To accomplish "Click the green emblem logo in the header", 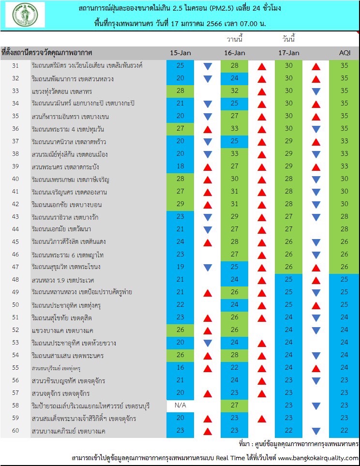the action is pyautogui.click(x=25, y=15).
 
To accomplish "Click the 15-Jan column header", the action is pyautogui.click(x=180, y=53).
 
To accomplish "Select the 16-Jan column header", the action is pyautogui.click(x=235, y=53).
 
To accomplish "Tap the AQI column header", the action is pyautogui.click(x=345, y=53).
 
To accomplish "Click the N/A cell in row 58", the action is pyautogui.click(x=180, y=406).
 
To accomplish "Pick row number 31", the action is pyautogui.click(x=15, y=66).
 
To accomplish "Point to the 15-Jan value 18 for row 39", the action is pyautogui.click(x=180, y=166).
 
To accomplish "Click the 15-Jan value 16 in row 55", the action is pyautogui.click(x=180, y=368).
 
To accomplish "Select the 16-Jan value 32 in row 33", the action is pyautogui.click(x=235, y=90).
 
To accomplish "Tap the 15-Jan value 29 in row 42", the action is pyautogui.click(x=180, y=204).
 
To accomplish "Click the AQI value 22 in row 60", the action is pyautogui.click(x=344, y=430).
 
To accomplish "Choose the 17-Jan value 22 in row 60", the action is pyautogui.click(x=289, y=430).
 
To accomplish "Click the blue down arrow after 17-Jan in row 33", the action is pyautogui.click(x=316, y=91).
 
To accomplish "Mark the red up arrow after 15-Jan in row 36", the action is pyautogui.click(x=208, y=129).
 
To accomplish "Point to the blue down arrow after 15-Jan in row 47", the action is pyautogui.click(x=208, y=268).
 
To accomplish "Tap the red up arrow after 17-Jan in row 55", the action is pyautogui.click(x=316, y=369).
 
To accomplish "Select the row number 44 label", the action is pyautogui.click(x=15, y=229).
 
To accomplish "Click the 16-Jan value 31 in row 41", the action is pyautogui.click(x=235, y=192).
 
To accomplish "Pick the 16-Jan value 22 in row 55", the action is pyautogui.click(x=235, y=368).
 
